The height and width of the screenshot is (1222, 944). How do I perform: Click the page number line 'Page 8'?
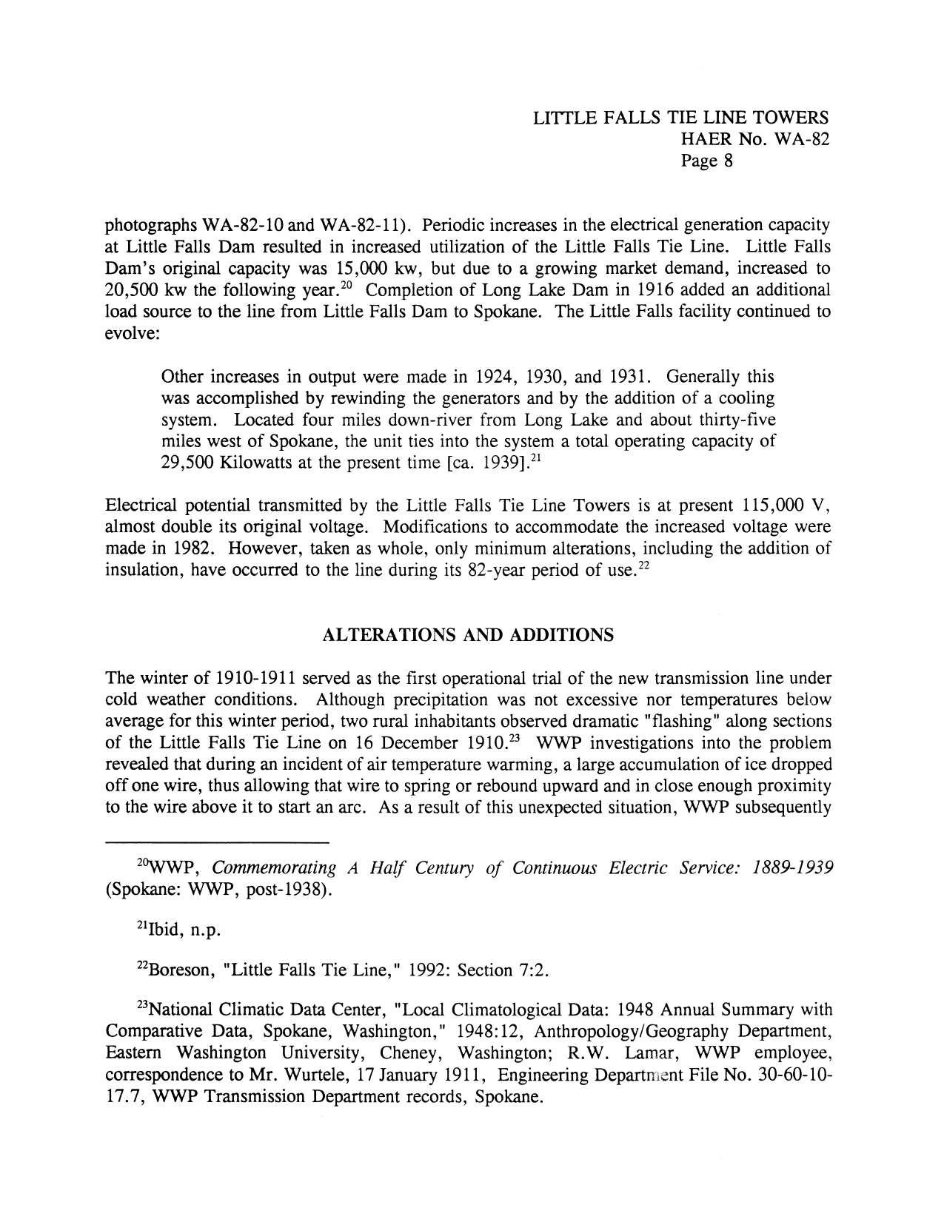[706, 161]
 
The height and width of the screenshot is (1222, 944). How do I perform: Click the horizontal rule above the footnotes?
[217, 842]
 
